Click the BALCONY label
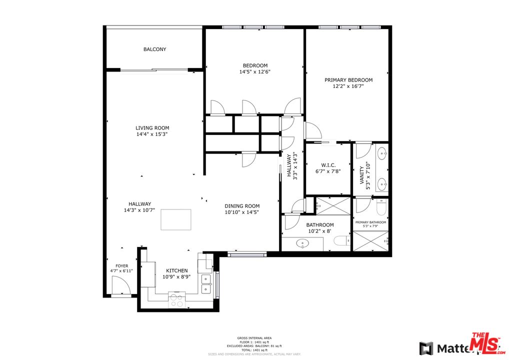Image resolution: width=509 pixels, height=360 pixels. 154,49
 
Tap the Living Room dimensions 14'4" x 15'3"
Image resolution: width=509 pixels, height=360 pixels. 152,134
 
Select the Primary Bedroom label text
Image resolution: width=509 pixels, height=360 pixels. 348,80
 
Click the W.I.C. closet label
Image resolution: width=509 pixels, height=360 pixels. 328,165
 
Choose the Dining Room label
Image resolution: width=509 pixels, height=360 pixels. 242,206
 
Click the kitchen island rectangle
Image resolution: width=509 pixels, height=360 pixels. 175,219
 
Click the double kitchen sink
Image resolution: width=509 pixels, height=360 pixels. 205,283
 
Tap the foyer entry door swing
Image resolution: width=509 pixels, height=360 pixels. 120,287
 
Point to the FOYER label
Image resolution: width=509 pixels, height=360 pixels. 122,266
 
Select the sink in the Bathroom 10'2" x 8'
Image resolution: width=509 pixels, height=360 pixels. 303,244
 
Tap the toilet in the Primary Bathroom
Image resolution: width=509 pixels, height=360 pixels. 381,206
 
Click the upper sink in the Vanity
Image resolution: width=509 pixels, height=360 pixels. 382,152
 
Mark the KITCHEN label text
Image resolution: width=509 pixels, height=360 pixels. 177,270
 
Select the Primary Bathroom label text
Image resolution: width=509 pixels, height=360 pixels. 370,222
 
